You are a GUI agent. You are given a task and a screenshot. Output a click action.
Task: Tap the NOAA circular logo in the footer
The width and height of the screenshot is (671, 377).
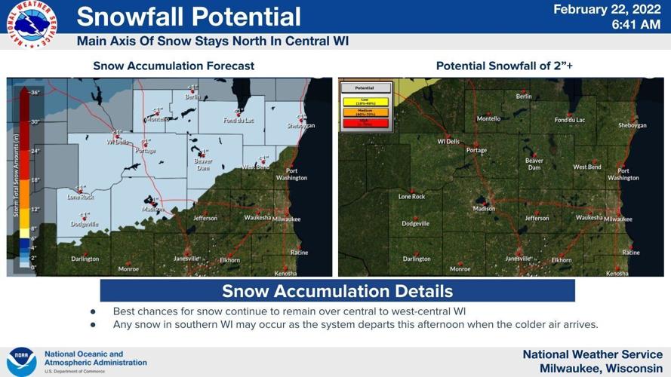[22, 361]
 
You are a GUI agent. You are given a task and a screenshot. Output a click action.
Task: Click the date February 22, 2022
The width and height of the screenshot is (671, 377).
[607, 9]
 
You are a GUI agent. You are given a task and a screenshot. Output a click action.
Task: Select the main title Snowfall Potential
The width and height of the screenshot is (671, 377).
[188, 17]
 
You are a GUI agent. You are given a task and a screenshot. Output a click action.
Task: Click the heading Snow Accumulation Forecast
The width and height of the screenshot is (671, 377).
[174, 66]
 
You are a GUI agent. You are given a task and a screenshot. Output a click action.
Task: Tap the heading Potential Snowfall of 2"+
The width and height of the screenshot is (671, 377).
[504, 66]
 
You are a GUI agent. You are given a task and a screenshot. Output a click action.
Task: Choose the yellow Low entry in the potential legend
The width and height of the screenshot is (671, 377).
[365, 100]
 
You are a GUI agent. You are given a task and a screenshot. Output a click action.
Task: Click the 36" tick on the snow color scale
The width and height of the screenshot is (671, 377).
[35, 92]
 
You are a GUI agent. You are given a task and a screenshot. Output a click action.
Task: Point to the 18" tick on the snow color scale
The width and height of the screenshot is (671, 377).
[35, 180]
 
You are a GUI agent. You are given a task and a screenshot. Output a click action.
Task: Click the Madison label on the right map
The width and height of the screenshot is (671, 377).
[484, 209]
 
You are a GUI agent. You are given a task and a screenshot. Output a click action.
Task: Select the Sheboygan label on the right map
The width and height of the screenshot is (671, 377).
[632, 125]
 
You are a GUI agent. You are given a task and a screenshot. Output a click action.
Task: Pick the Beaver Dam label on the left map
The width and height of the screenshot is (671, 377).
[203, 164]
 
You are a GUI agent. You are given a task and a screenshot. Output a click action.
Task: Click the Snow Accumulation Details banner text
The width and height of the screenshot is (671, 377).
[337, 291]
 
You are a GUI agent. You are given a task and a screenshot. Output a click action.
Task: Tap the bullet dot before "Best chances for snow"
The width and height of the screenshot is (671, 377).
[93, 311]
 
